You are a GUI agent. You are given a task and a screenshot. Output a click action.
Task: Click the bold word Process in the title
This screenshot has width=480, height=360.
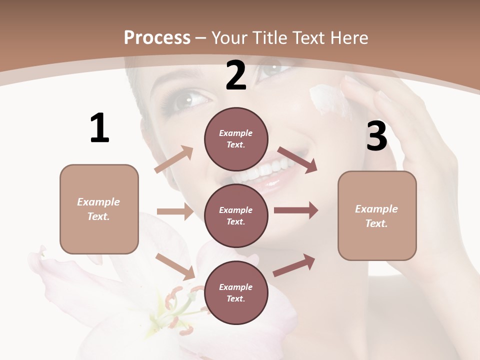[x=157, y=37]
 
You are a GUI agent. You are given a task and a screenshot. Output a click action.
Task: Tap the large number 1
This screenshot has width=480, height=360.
[x=99, y=128]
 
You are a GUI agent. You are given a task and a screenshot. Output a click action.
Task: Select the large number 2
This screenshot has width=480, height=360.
[x=236, y=76]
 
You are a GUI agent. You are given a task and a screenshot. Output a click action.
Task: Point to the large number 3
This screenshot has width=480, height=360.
[x=376, y=136]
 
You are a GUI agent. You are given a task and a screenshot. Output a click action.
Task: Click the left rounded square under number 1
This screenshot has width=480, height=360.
[x=99, y=209]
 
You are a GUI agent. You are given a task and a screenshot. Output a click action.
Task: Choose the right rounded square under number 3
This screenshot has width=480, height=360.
[x=377, y=215]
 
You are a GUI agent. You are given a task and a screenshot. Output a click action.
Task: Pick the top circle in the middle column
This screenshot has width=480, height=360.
[x=236, y=139]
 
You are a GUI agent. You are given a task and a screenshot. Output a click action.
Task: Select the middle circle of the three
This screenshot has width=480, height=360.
[x=236, y=215]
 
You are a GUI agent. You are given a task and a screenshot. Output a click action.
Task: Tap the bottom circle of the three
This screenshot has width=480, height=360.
[x=236, y=292]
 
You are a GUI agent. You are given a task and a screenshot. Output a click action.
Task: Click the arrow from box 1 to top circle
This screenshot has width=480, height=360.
[x=174, y=159]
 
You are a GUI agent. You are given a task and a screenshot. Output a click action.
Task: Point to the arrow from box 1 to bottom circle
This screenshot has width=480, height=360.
[x=175, y=266]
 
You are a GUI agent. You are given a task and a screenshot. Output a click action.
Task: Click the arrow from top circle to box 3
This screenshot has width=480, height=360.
[x=297, y=159]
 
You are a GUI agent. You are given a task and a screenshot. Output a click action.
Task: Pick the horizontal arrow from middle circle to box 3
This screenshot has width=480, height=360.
[x=295, y=210]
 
